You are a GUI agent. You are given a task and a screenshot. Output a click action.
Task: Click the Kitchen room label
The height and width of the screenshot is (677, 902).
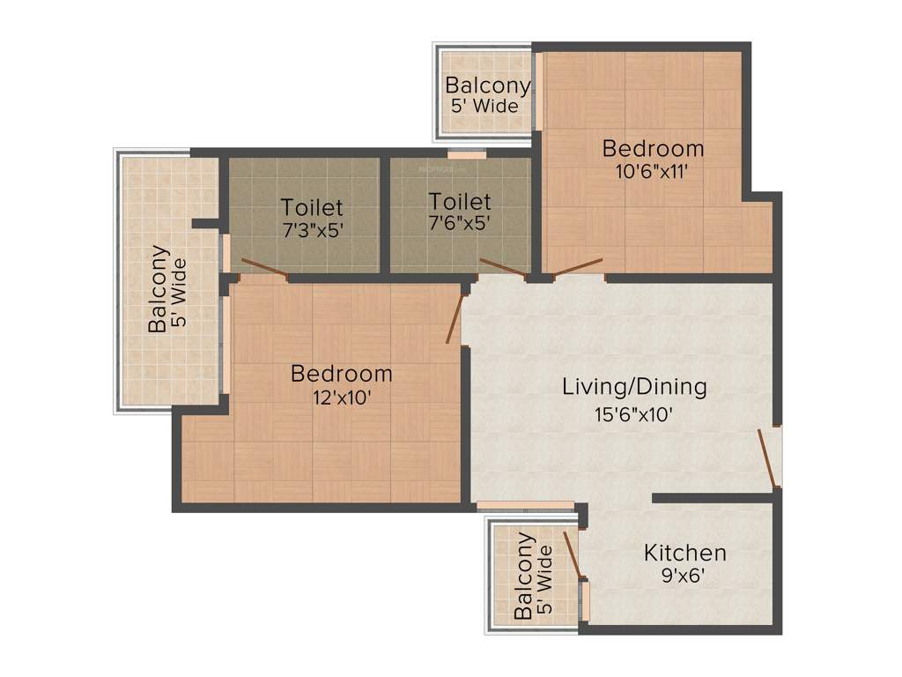685,554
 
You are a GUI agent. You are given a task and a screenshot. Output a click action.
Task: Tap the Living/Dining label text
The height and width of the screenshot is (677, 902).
635,387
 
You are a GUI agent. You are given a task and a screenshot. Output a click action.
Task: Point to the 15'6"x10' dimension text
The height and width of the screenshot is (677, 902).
634,413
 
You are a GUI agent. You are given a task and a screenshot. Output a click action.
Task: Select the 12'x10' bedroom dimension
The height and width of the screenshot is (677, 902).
342,398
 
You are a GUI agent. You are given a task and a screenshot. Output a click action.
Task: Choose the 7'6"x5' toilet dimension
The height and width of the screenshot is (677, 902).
459,225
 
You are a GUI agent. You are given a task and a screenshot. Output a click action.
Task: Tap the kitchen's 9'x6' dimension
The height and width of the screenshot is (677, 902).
685,578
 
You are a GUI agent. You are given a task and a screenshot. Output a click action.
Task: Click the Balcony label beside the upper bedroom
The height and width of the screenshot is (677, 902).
487,86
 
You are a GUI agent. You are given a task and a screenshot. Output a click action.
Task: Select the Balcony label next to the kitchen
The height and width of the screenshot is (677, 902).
525,576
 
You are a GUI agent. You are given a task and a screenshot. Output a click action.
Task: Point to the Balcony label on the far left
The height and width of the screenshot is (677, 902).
159,288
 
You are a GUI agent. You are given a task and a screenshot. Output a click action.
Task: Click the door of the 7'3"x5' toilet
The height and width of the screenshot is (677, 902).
264,270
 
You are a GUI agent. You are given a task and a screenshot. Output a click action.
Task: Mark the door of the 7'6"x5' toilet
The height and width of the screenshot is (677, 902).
503,268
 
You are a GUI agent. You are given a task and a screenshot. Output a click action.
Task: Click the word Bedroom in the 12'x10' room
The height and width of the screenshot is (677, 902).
342,374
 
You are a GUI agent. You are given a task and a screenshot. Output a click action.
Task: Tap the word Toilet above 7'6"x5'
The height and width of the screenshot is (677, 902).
459,202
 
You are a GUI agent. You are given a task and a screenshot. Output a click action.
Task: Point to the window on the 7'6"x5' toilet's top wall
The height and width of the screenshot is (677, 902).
466,155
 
